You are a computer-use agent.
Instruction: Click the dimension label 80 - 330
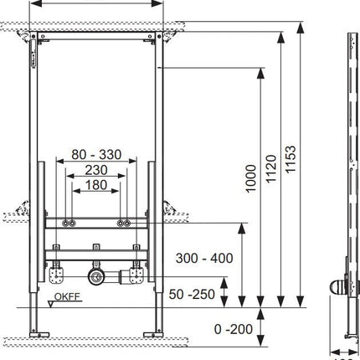pyautogui.click(x=96, y=154)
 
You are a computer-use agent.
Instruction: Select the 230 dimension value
pyautogui.click(x=96, y=170)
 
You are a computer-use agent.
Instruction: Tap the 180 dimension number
pyautogui.click(x=96, y=184)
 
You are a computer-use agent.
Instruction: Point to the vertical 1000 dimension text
pyautogui.click(x=250, y=178)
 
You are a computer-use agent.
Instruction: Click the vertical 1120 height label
pyautogui.click(x=270, y=169)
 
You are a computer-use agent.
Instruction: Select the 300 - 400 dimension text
pyautogui.click(x=204, y=258)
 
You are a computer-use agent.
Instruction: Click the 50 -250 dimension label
pyautogui.click(x=192, y=294)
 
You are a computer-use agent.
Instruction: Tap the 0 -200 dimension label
pyautogui.click(x=234, y=329)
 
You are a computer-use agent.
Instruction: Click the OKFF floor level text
pyautogui.click(x=67, y=296)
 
